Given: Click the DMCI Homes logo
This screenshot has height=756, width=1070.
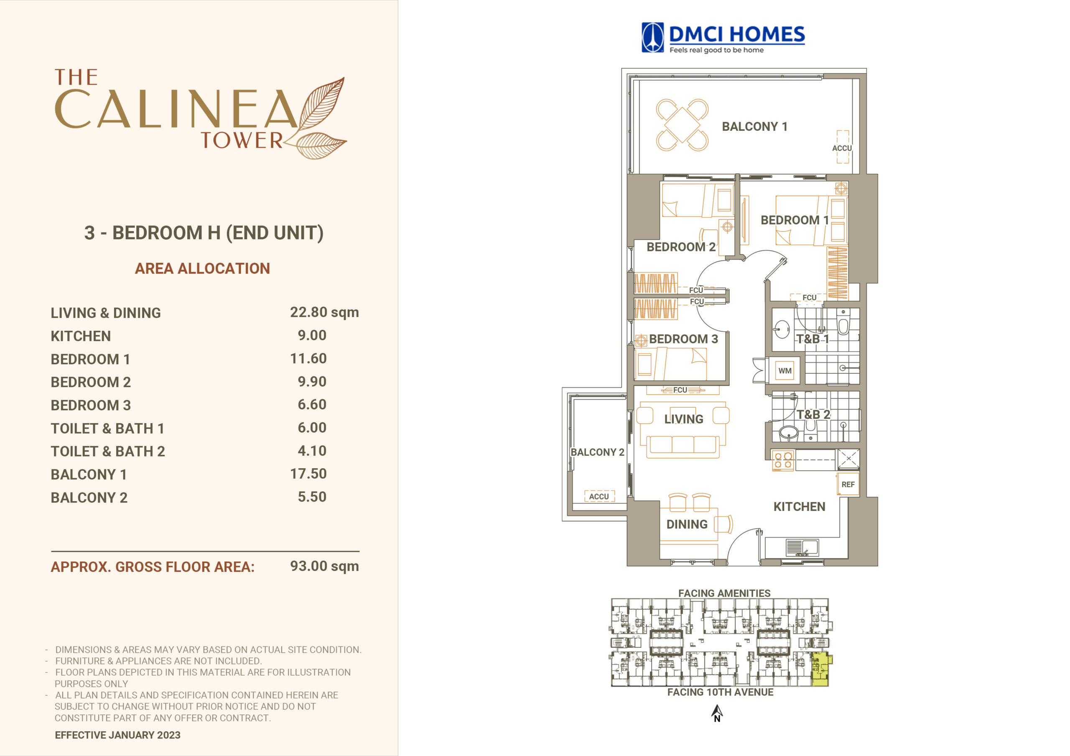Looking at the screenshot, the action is pos(723,38).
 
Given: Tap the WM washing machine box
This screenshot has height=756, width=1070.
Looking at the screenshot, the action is pos(785,371).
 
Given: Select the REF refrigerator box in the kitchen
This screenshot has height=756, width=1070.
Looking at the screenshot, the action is pos(848,485).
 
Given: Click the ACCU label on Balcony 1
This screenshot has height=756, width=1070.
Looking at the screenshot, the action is pos(842,148).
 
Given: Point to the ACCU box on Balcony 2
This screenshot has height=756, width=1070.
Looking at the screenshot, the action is pos(599,496).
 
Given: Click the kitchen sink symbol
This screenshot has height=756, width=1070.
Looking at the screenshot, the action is pos(802,547).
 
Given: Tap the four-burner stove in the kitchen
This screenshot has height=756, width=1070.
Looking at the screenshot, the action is pos(783,460).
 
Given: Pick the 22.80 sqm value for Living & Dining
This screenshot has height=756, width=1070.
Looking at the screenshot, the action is pos(324,312).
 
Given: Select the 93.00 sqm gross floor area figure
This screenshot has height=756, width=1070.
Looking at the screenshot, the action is pos(324,566).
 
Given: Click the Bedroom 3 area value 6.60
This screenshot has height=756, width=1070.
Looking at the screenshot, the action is pos(312,404).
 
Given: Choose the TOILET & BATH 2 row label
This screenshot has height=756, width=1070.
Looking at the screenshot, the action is pos(108,452).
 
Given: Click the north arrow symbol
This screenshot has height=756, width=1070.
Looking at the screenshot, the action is pos(717,713).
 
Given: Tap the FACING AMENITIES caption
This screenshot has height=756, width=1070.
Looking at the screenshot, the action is pos(724,593).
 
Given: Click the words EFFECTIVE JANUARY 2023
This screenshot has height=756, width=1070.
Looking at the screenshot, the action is pos(117,735).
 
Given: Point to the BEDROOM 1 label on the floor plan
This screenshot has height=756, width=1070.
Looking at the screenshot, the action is pos(795,220).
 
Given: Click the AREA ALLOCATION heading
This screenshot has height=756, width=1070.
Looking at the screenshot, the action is pos(202,268).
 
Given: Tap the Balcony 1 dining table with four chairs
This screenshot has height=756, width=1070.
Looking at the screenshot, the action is pos(682,125).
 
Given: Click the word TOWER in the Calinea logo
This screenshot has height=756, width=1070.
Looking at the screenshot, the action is pos(242,140).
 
